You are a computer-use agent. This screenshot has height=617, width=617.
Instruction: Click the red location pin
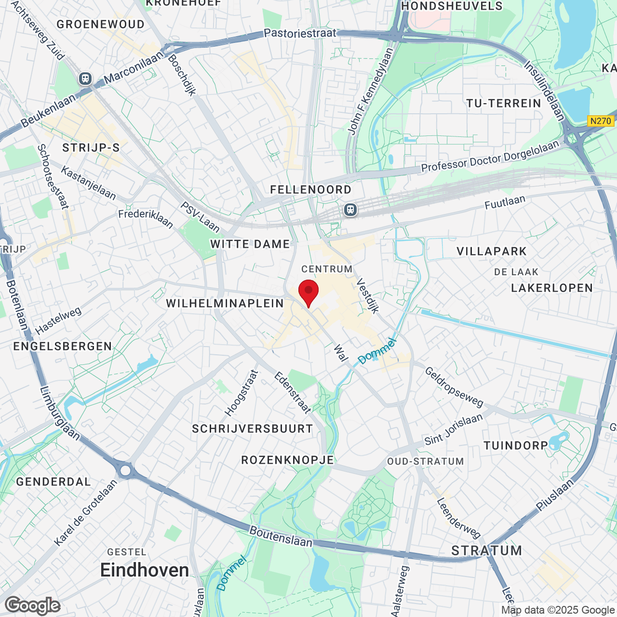pyautogui.click(x=308, y=292)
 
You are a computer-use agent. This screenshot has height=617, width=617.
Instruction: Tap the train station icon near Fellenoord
pyautogui.click(x=350, y=210)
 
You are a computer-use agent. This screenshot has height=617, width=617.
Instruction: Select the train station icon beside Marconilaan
pyautogui.click(x=85, y=78)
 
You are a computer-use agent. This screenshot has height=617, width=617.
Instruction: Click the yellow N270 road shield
pyautogui.click(x=600, y=121)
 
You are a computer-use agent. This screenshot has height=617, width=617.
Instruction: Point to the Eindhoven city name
pyautogui.click(x=145, y=570)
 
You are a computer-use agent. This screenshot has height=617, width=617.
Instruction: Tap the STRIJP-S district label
pyautogui.click(x=91, y=148)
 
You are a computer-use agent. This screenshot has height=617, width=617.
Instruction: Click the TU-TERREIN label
pyautogui.click(x=504, y=103)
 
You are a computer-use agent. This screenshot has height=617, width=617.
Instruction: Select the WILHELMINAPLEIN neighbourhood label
pyautogui.click(x=225, y=303)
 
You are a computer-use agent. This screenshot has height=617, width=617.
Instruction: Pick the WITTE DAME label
pyautogui.click(x=250, y=244)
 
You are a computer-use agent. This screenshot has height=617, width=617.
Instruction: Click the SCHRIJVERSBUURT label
pyautogui.click(x=253, y=429)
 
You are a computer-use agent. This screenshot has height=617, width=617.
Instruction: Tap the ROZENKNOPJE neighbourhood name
pyautogui.click(x=288, y=460)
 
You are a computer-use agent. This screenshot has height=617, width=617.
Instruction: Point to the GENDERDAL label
pyautogui.click(x=54, y=482)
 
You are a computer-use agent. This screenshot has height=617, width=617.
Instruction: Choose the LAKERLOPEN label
pyautogui.click(x=552, y=288)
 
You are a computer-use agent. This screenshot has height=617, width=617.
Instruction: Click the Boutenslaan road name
pyautogui.click(x=281, y=536)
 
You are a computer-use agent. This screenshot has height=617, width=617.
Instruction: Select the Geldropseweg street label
pyautogui.click(x=454, y=387)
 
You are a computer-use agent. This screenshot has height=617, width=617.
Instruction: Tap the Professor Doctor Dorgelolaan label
pyautogui.click(x=490, y=157)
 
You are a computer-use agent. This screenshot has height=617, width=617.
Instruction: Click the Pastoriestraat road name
pyautogui.click(x=300, y=33)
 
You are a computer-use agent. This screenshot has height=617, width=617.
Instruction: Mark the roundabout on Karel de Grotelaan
pyautogui.click(x=126, y=470)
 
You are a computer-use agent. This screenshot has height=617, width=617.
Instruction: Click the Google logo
pyautogui.click(x=33, y=605)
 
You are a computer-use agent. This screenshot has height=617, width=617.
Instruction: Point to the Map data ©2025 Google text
pyautogui.click(x=558, y=610)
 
